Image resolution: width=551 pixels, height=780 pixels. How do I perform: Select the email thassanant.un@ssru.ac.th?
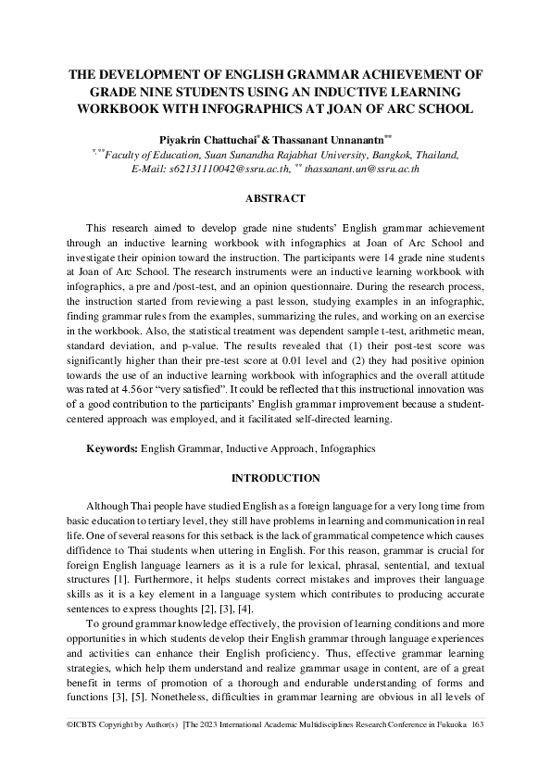(362, 169)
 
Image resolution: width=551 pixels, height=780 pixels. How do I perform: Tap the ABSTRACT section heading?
(275, 198)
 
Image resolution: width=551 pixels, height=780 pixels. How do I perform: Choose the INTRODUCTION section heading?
(275, 478)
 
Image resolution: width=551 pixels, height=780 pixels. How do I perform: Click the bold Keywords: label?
(112, 448)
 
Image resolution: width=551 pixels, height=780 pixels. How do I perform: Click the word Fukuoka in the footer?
(448, 749)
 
